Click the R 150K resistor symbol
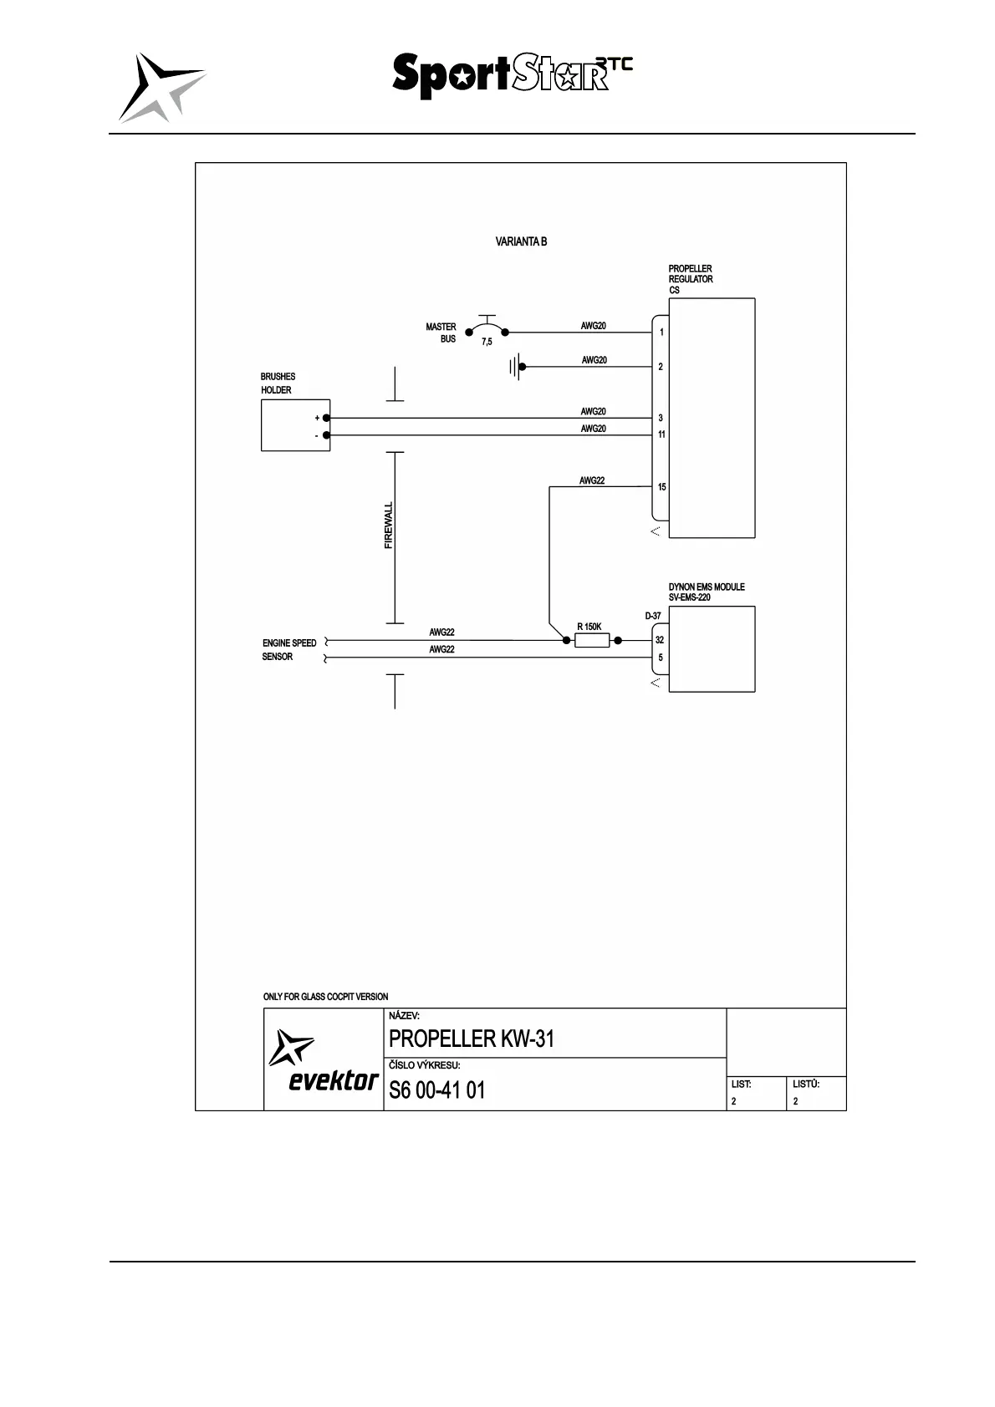pos(592,641)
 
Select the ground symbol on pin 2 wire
pos(516,367)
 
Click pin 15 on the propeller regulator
pos(661,487)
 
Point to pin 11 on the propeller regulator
pos(661,434)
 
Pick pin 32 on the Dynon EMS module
pos(660,640)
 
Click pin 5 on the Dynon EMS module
pos(660,658)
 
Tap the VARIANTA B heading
pos(521,242)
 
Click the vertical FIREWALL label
pos(389,526)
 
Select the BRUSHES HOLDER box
pos(295,425)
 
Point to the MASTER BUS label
pos(441,333)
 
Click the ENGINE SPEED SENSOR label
pos(289,650)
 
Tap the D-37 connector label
pos(653,617)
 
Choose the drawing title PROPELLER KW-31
pos(472,1039)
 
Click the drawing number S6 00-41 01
pos(436,1090)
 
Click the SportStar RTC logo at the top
pos(512,75)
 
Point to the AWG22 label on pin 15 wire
pos(592,481)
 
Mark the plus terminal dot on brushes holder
pos(326,418)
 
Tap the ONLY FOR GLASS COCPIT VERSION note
pos(325,997)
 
